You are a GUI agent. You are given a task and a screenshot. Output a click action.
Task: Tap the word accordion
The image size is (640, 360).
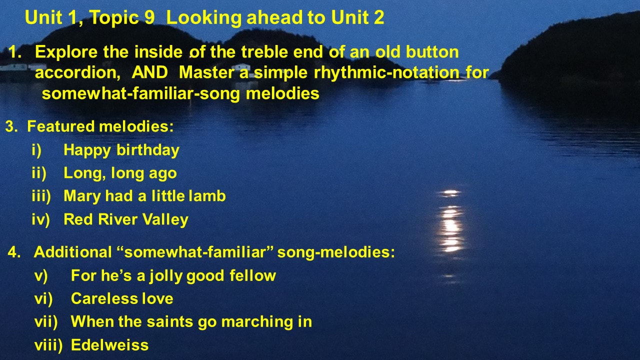pos(77,72)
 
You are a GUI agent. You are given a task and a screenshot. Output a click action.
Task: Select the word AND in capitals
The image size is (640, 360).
pos(149,72)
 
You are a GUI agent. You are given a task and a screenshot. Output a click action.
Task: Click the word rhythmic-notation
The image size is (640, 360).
pos(386,73)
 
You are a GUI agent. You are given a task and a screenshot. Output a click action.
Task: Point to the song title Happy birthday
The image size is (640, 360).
pos(121,150)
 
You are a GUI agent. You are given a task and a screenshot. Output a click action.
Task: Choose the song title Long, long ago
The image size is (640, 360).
pos(120,173)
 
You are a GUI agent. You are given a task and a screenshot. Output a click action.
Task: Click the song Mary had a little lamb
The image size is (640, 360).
pos(144,196)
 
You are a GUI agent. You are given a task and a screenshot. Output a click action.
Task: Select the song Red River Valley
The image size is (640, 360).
pos(126,219)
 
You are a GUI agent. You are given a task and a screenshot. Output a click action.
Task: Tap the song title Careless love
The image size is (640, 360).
pos(122,298)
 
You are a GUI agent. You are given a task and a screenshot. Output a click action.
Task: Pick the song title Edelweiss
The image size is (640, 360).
pos(110,345)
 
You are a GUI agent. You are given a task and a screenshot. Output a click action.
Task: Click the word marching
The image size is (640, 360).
pos(257,322)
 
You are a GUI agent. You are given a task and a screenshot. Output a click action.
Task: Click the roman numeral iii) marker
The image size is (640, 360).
pos(41,196)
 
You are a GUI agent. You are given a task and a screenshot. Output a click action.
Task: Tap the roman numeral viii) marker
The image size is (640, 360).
pos(48,345)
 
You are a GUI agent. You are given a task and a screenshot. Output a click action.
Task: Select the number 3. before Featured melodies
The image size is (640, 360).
pos(11,126)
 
